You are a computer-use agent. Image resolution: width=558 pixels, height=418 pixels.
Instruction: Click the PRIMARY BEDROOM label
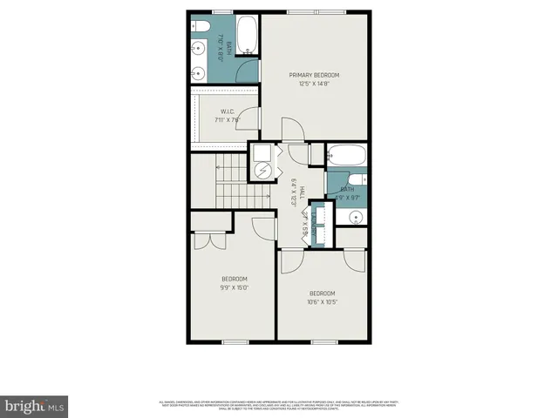coord(314,75)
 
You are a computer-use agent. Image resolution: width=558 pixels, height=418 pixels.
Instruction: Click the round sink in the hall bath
coord(355,216)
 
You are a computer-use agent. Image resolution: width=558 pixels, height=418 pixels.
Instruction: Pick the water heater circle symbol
coord(262,169)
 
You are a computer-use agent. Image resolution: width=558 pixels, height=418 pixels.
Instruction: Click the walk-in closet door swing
coord(248,118)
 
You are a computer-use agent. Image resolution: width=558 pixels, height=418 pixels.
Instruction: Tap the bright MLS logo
coord(35,405)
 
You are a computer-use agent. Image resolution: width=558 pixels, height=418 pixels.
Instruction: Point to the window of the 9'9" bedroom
coord(235,340)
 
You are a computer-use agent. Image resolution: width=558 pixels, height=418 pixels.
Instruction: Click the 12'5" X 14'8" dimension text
coord(314,85)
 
